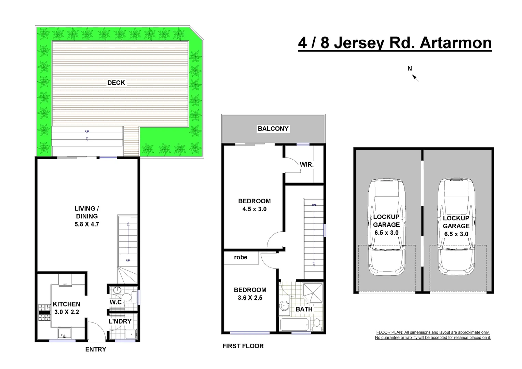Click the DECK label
(x=116, y=83)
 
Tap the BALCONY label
(x=273, y=129)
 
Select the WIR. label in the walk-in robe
(x=306, y=165)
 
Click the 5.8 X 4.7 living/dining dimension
(x=87, y=224)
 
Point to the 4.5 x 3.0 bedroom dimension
(x=254, y=209)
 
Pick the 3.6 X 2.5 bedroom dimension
(x=250, y=298)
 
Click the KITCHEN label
(x=67, y=304)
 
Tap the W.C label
(x=115, y=302)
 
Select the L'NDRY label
(x=120, y=321)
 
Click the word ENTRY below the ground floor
(x=96, y=349)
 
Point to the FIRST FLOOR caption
(x=243, y=346)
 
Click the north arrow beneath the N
(x=415, y=78)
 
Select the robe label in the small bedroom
(x=241, y=257)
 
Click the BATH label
(x=304, y=309)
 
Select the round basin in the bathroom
(x=284, y=305)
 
